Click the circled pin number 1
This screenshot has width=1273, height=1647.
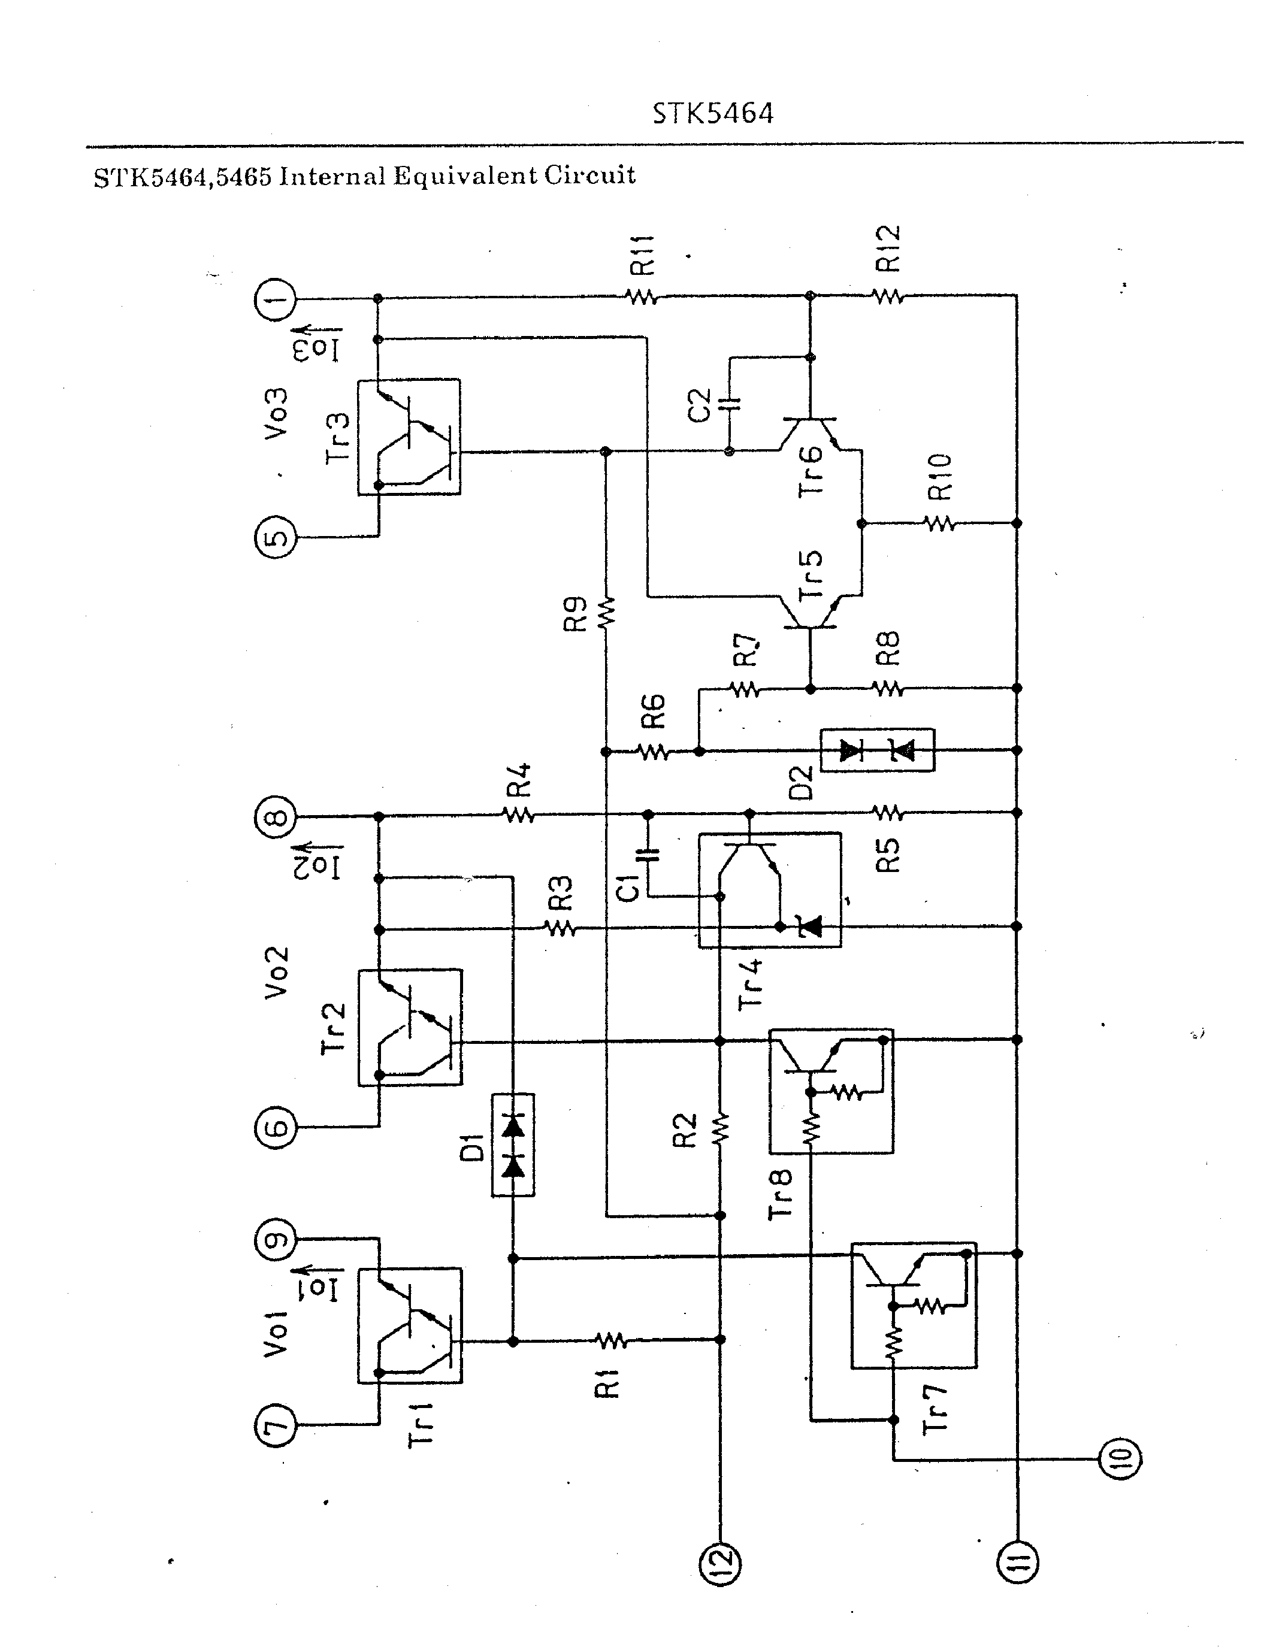point(276,299)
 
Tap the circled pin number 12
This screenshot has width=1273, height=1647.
point(720,1563)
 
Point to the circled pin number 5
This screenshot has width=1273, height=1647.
point(276,537)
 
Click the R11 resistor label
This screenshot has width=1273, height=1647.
point(643,255)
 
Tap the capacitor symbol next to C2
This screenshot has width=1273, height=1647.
point(729,405)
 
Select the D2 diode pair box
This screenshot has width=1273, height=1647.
point(877,750)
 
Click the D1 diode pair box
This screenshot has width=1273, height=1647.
point(513,1145)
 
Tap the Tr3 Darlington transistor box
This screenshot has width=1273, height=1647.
point(409,437)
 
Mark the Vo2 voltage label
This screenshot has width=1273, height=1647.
point(276,973)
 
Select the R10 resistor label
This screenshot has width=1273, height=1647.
point(940,478)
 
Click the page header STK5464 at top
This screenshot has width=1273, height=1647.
point(713,114)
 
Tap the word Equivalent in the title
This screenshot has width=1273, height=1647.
point(465,175)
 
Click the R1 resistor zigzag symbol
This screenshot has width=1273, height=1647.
point(611,1340)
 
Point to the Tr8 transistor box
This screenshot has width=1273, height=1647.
point(831,1091)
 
